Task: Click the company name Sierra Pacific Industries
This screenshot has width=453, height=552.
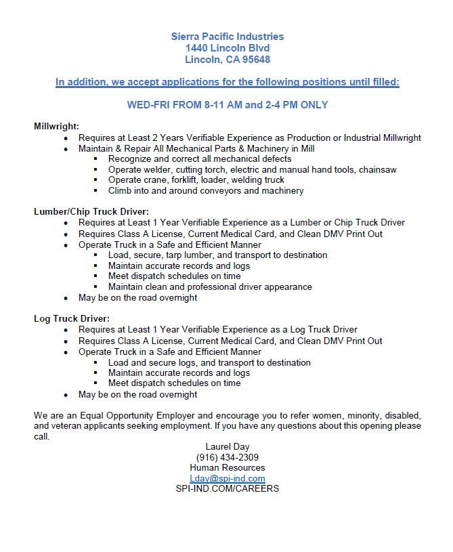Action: coord(228,37)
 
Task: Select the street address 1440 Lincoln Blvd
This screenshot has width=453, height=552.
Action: coord(228,48)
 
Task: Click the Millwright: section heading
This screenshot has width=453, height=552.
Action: coord(57,126)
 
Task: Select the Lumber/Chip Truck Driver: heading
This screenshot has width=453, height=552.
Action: coord(91,211)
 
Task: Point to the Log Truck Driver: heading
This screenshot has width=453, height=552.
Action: coord(72,318)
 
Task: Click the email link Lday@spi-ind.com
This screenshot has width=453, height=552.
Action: coord(227,478)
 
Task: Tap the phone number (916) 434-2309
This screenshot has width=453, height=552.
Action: coord(227,457)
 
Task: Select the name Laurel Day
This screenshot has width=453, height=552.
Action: coord(227,446)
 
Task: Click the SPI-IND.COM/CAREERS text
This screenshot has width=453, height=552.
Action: coord(227,488)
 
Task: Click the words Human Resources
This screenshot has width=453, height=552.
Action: coord(227,467)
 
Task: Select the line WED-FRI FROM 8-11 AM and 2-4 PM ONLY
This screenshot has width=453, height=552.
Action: coord(228,105)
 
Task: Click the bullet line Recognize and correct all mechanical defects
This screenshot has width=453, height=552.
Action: coord(200,158)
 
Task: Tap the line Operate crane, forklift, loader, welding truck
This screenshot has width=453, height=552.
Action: coord(196,179)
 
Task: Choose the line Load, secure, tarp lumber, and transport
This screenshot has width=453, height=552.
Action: coord(217,255)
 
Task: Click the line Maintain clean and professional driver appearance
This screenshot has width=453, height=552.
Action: coord(210,286)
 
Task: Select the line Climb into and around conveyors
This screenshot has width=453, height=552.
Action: coord(206,190)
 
